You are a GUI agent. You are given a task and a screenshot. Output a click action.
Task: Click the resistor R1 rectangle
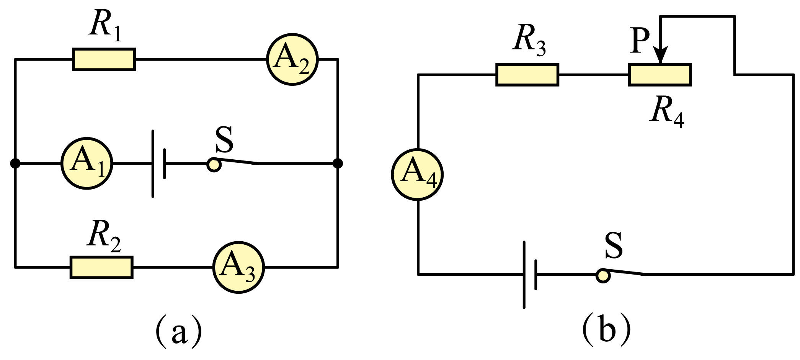click(x=104, y=59)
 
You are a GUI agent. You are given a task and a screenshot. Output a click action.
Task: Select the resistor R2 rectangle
click(x=101, y=267)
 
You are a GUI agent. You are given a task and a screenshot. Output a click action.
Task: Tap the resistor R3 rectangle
click(x=527, y=75)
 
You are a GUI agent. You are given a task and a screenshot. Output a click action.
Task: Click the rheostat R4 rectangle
click(x=660, y=75)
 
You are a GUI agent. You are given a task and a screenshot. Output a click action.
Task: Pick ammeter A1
click(x=87, y=164)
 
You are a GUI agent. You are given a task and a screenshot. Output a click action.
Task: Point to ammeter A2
click(x=292, y=59)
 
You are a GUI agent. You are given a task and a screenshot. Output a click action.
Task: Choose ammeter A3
click(x=238, y=267)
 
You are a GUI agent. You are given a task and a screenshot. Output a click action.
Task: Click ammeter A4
click(x=417, y=174)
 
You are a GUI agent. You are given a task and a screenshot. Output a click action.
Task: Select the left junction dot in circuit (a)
click(x=15, y=164)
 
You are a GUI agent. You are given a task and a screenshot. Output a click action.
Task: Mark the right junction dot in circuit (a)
click(x=338, y=164)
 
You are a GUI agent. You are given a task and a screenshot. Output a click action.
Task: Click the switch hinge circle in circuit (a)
click(x=214, y=165)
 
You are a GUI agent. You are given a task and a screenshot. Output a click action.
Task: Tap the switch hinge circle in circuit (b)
click(x=603, y=276)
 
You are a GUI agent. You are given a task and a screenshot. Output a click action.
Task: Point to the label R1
click(x=105, y=25)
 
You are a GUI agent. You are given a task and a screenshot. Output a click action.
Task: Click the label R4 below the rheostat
click(x=667, y=110)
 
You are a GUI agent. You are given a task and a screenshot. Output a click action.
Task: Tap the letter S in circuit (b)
click(x=614, y=245)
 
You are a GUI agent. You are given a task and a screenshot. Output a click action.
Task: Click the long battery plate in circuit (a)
click(x=153, y=164)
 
